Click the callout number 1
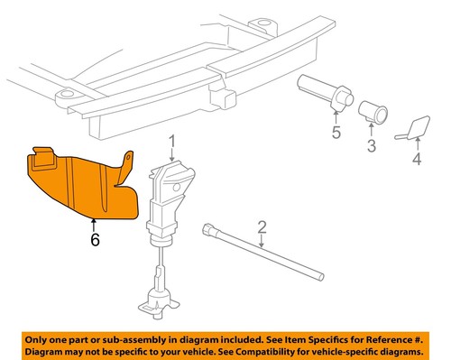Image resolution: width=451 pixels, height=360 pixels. [172, 140]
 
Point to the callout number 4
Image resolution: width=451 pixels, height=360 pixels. [416, 162]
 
